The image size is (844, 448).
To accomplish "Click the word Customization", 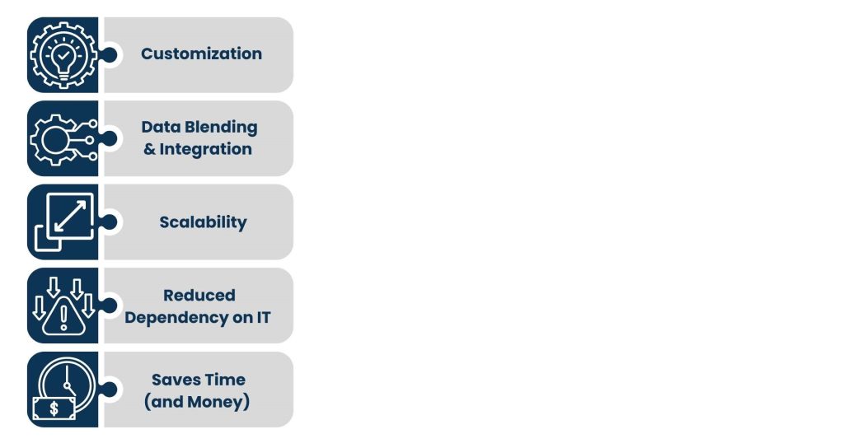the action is point(201,54).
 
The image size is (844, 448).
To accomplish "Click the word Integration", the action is point(205,149).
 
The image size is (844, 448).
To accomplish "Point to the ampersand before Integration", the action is point(149,150).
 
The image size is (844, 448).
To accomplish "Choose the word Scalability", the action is point(203,222).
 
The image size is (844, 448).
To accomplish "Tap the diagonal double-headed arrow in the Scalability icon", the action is point(71,217).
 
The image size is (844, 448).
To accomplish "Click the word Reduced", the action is point(199,296).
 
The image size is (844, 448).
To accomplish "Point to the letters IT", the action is point(263,317).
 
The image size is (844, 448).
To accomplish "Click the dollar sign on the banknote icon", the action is point(54,408).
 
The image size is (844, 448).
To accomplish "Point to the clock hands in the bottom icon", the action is point(68,380).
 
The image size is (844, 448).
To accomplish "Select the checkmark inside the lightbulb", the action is point(63,55).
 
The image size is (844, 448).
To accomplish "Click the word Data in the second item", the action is point(161,127).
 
